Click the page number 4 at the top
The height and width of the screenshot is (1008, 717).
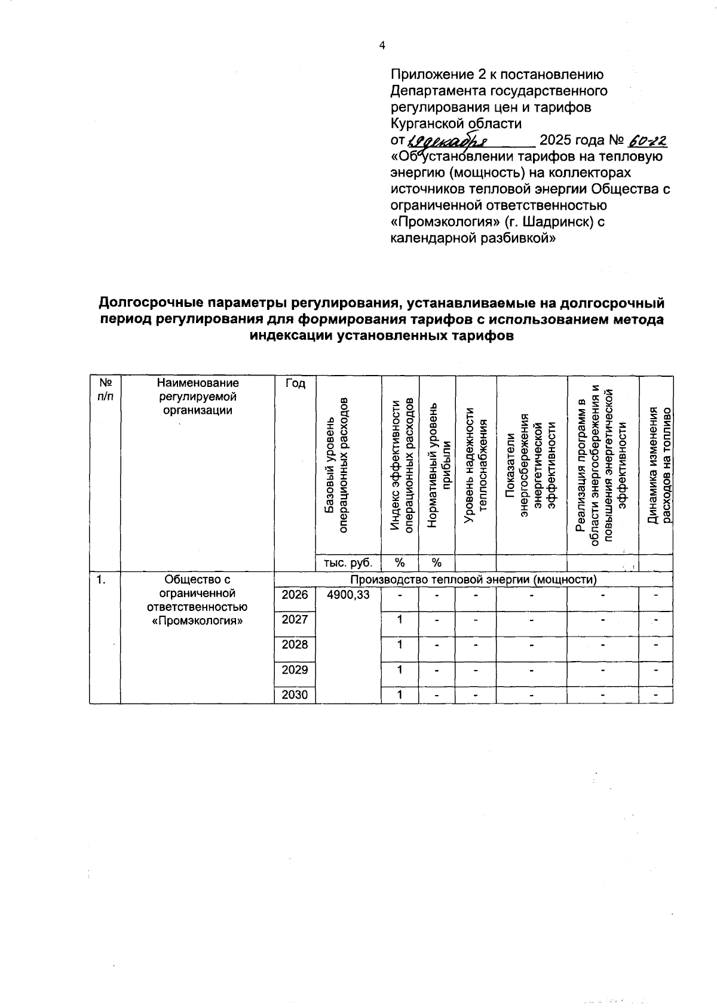point(382,46)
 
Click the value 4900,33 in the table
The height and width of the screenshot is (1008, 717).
point(348,595)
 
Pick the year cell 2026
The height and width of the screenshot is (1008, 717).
point(295,595)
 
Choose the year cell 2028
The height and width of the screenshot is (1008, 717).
point(295,645)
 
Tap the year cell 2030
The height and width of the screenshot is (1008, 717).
point(295,695)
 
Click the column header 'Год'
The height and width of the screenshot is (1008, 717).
point(295,384)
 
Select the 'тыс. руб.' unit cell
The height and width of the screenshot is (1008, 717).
point(348,563)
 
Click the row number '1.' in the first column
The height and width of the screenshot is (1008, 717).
point(102,579)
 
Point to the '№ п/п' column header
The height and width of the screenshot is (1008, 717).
point(105,389)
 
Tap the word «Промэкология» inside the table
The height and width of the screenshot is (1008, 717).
point(197,621)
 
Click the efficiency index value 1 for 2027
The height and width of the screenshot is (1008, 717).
point(400,619)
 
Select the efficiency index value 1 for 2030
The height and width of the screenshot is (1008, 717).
point(400,694)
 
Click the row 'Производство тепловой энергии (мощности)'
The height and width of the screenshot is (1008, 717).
point(473,579)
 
